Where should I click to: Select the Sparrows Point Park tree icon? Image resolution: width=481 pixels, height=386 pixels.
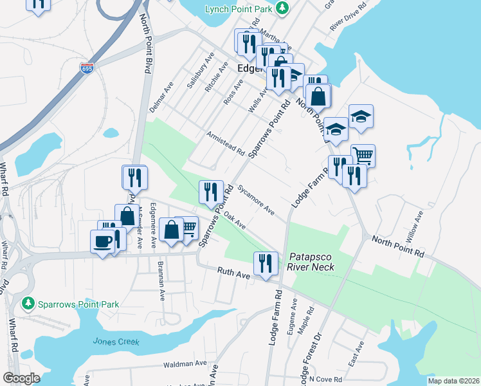(27, 302)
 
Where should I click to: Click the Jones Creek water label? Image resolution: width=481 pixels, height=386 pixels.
(116, 342)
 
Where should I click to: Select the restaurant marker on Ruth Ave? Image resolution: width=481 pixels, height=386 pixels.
(264, 262)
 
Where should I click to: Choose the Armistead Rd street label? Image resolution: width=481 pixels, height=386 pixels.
(226, 144)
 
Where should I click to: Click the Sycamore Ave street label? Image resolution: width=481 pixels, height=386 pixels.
(256, 201)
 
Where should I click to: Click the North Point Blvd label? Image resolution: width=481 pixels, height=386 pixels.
(145, 45)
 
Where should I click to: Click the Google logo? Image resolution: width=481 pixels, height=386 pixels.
(21, 378)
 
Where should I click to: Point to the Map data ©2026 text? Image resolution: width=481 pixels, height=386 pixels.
(453, 381)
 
